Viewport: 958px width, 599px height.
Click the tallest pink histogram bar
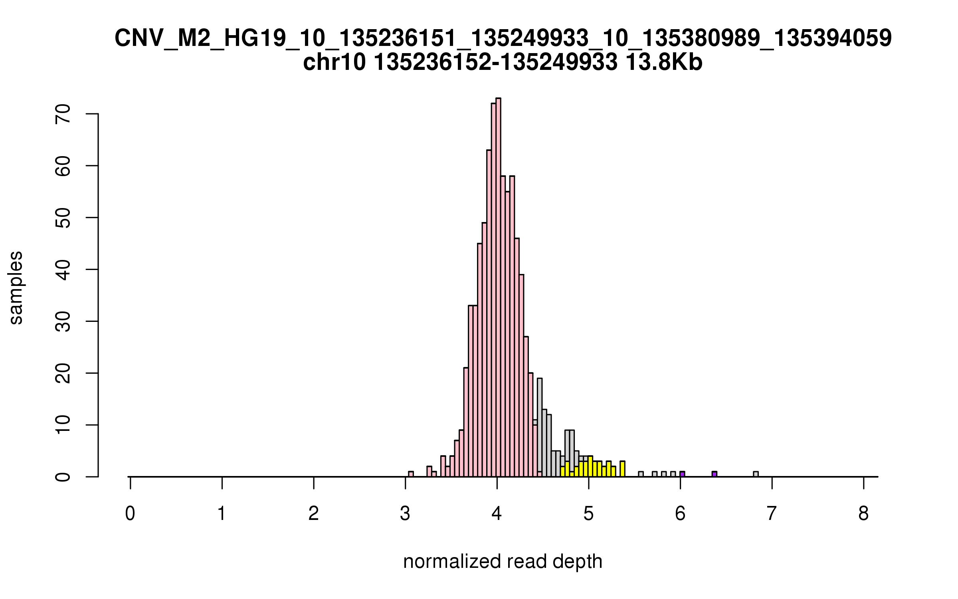498,288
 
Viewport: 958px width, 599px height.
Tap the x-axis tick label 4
497,514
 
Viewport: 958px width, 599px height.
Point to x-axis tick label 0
130,514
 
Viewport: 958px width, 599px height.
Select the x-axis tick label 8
863,514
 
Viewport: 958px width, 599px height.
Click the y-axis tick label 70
63,114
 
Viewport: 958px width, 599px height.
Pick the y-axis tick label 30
63,321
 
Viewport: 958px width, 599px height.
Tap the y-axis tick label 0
63,476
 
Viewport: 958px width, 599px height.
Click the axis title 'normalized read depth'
503,561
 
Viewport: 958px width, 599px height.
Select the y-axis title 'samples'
16,288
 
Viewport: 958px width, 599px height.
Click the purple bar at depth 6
683,474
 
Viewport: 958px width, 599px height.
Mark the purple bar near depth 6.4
715,474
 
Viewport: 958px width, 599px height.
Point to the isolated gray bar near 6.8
756,474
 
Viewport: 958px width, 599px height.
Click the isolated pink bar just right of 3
411,474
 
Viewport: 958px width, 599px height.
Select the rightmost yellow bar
622,469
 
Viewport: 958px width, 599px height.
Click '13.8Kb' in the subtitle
664,63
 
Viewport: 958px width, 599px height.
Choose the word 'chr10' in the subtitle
334,63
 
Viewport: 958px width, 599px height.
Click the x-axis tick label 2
314,514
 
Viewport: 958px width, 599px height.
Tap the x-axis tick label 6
680,514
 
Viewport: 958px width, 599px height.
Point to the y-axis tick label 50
63,218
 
